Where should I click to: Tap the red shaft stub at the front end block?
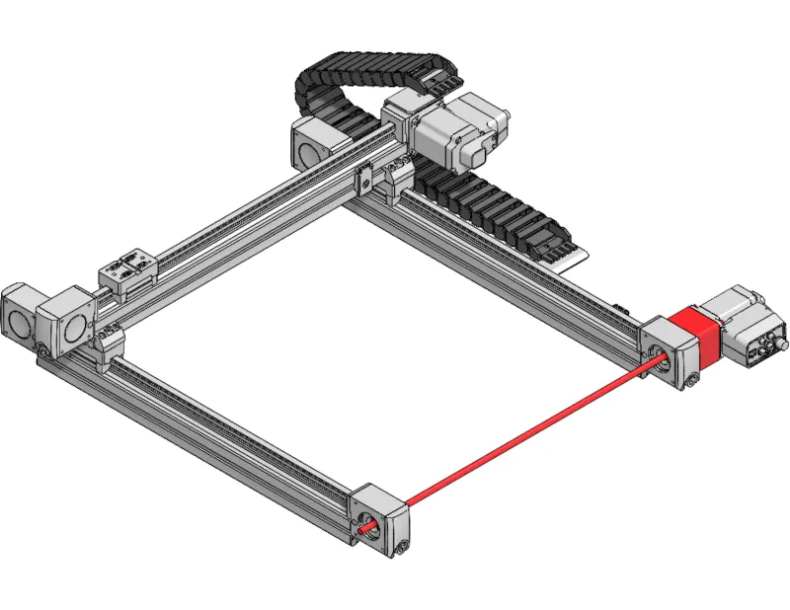tap(369, 527)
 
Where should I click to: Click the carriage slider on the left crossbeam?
tap(128, 271)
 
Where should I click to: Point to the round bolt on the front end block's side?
tap(400, 547)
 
